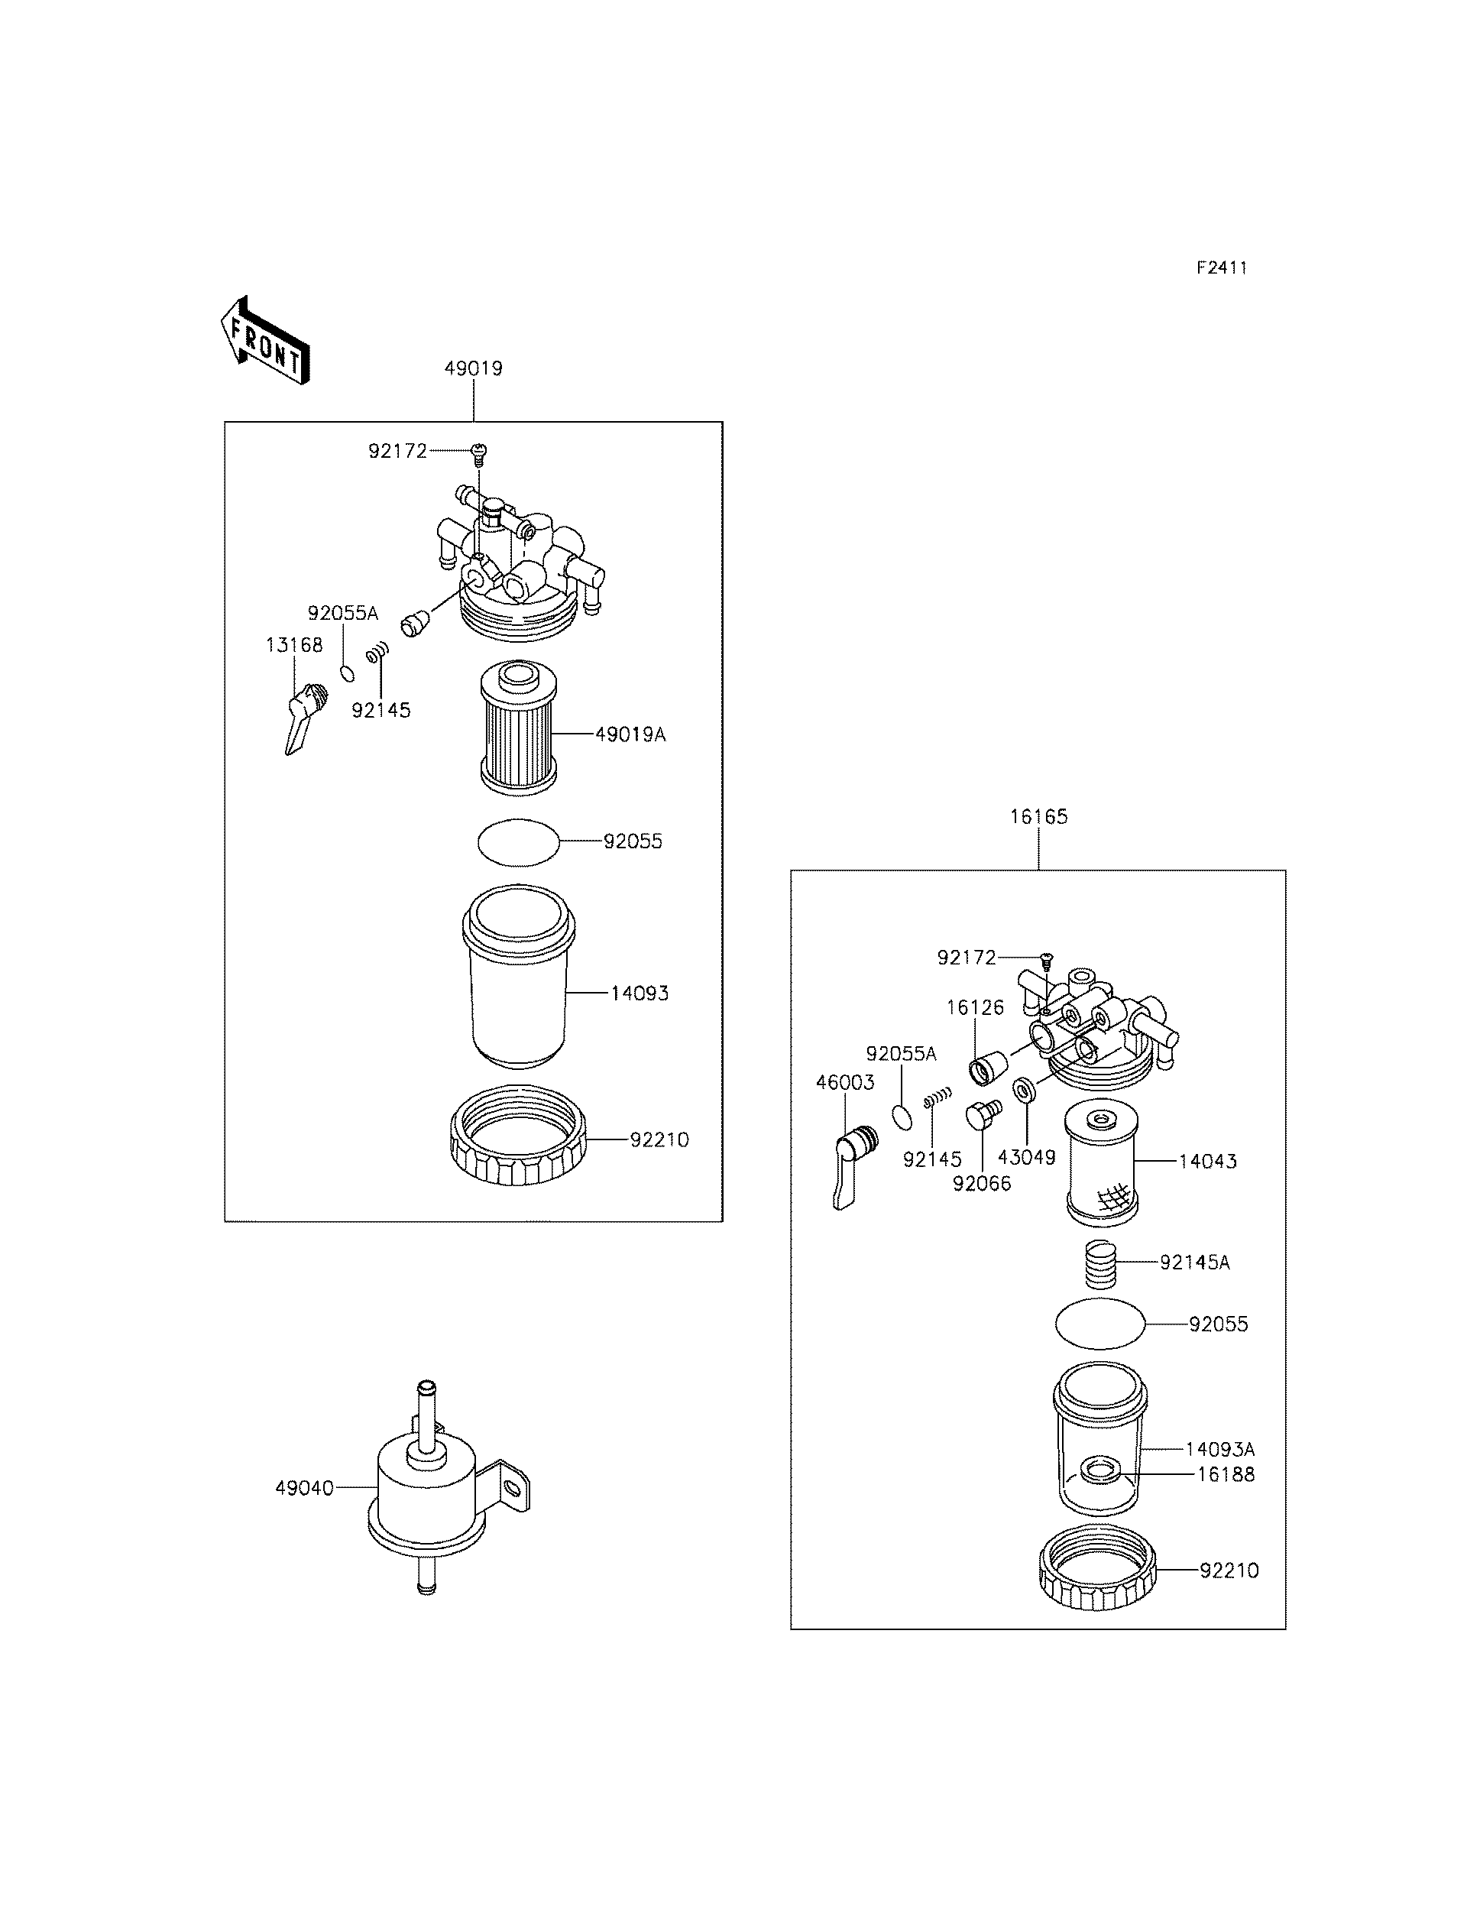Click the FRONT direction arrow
click(264, 342)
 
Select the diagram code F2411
click(1221, 268)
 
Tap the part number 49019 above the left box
click(473, 368)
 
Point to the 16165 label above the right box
click(1038, 817)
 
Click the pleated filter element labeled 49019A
click(519, 728)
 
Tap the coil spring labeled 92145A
click(1102, 1264)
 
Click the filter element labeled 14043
click(1102, 1162)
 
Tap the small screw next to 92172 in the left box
click(478, 451)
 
